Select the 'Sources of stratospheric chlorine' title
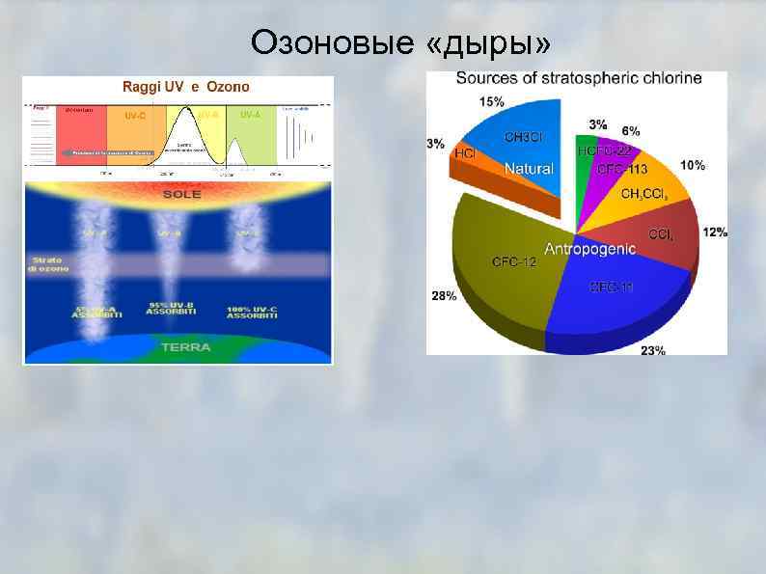tap(578, 78)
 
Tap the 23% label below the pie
tap(652, 350)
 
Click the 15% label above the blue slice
tap(490, 101)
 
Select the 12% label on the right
tap(715, 232)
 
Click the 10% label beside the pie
tap(693, 165)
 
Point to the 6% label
tap(630, 131)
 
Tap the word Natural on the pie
tap(529, 169)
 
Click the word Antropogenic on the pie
tap(589, 249)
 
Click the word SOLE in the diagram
tap(181, 194)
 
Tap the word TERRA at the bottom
tap(186, 347)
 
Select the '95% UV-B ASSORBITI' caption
tap(172, 309)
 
